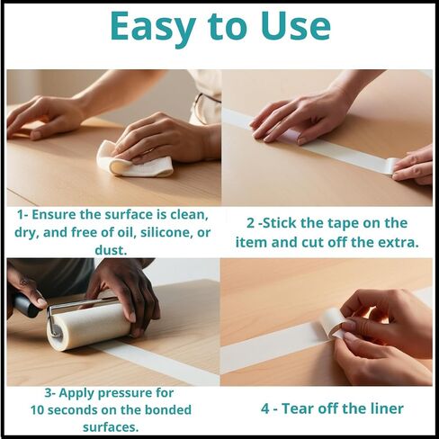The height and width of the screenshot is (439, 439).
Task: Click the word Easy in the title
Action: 153,27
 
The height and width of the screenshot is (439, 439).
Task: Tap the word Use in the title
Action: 295,26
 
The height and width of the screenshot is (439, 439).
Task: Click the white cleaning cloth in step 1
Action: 135,160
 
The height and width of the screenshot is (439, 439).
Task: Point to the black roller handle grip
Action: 25,303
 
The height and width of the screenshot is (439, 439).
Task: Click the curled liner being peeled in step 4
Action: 334,323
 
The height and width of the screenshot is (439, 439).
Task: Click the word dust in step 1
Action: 111,250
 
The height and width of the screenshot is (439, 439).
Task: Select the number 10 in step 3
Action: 38,410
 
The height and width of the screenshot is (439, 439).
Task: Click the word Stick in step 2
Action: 279,223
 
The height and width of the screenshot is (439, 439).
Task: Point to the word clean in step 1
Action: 189,215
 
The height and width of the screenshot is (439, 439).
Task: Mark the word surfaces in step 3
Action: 111,426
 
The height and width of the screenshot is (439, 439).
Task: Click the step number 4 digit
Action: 265,408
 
